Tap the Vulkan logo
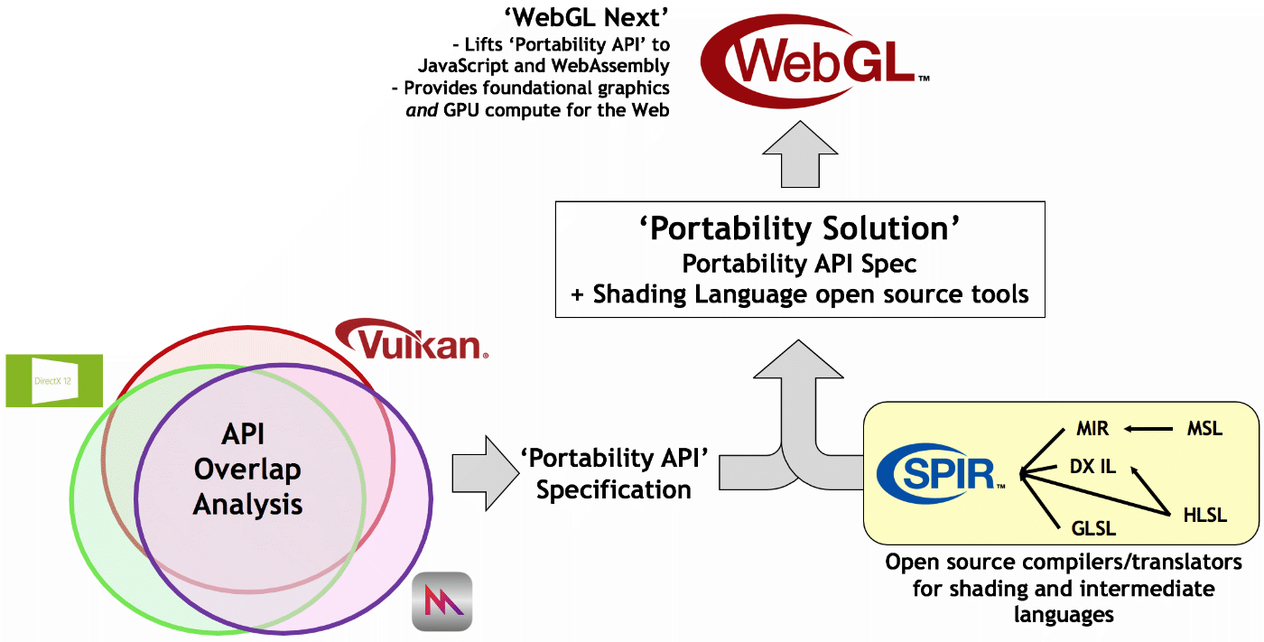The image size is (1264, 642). point(412,340)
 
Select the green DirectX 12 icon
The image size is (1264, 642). point(54,381)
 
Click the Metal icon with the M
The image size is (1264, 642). point(441,601)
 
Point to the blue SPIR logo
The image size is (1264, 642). point(941,473)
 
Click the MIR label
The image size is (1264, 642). point(1092,429)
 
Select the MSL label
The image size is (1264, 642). point(1204,429)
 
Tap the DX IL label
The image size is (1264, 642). point(1093,467)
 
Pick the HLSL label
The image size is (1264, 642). point(1204,515)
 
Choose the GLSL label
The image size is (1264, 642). point(1093,528)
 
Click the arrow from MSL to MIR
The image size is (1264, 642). point(1148,429)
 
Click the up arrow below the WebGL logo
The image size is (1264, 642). point(800,154)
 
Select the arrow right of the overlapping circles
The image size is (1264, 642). point(486,473)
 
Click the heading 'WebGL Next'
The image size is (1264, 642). point(586,17)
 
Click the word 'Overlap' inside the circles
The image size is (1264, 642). point(247,470)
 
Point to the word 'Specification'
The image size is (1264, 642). point(613,489)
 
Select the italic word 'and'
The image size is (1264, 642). point(422,110)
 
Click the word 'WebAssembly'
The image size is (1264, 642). point(610,66)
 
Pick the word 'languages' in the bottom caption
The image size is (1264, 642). point(1064,614)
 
